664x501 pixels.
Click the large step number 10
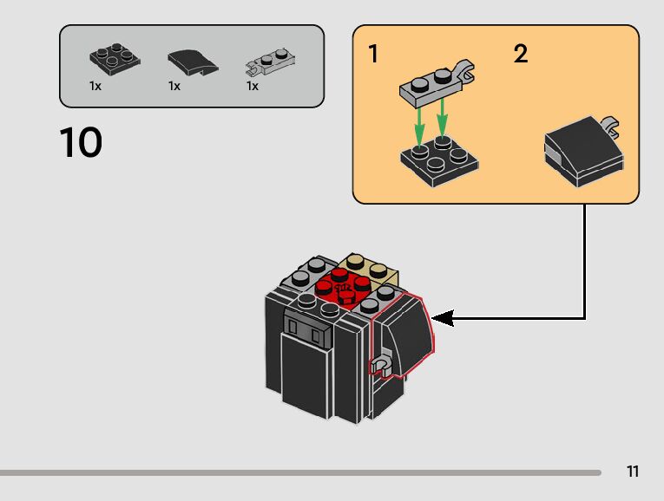click(81, 143)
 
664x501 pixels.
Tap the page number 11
click(633, 472)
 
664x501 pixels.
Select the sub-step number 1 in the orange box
click(373, 55)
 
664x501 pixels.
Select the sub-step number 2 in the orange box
click(520, 55)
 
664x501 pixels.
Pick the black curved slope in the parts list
click(188, 62)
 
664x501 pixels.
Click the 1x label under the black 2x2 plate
click(95, 87)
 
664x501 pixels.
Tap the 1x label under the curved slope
click(174, 87)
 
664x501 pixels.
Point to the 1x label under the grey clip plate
click(253, 87)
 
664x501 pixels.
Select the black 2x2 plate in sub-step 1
click(438, 158)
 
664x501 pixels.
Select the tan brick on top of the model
click(365, 265)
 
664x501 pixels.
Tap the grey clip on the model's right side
click(378, 363)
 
